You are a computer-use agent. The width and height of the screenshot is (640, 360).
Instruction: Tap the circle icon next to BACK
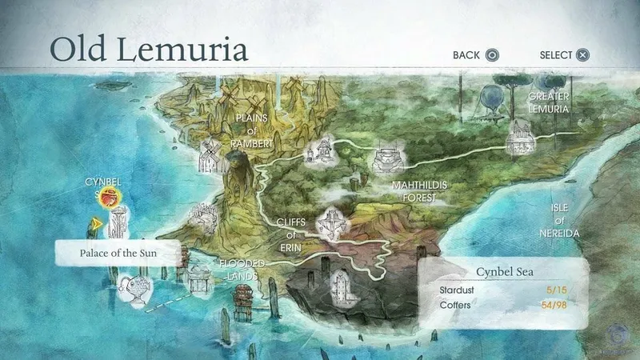pos(493,55)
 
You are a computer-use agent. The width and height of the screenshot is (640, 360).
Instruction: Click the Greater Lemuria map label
pos(548,102)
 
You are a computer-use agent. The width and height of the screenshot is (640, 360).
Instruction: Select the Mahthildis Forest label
pos(419,190)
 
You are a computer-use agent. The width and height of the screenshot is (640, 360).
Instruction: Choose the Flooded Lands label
pos(239,269)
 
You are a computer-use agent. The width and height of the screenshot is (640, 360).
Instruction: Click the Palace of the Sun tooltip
pos(118,254)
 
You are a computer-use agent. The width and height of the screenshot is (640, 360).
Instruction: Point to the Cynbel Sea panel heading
pos(506,272)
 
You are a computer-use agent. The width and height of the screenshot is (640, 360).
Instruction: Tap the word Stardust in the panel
pos(459,289)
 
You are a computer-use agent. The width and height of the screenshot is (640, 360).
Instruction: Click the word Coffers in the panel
pos(457,305)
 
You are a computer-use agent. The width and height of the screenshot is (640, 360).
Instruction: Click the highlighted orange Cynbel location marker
pos(104,199)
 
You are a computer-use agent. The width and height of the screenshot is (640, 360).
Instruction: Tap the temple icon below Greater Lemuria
pos(519,140)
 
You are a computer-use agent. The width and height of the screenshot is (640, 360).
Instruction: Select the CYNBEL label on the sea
pos(102,182)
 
